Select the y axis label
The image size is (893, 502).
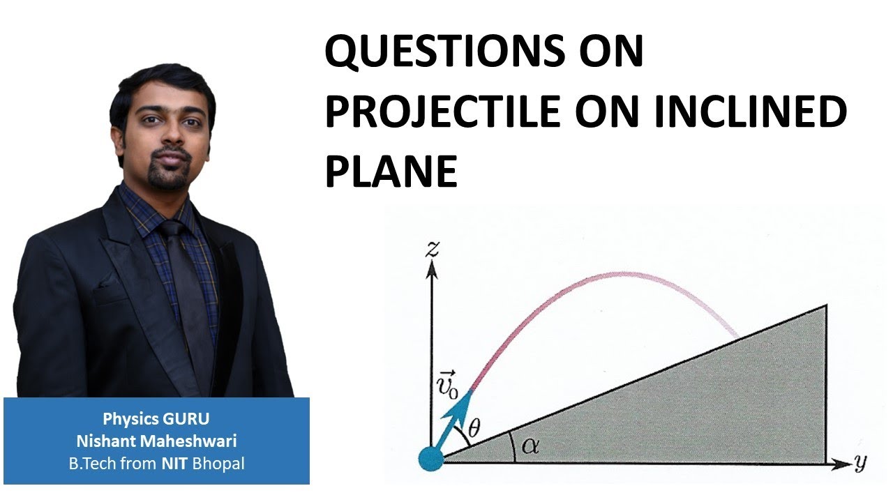[x=860, y=463]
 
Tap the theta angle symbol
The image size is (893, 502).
[x=474, y=429]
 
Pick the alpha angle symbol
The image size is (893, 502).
[x=530, y=446]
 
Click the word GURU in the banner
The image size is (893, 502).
[x=186, y=419]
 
